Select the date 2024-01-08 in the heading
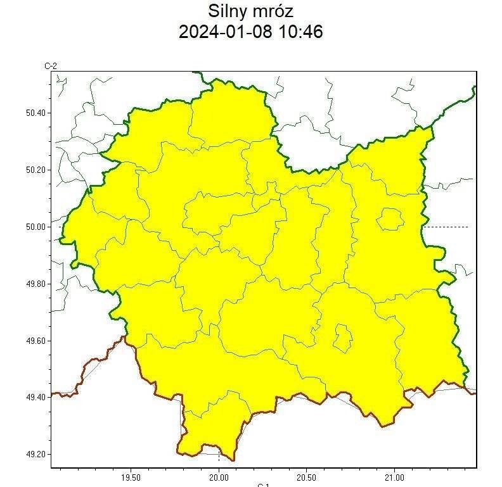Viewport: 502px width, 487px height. pyautogui.click(x=225, y=32)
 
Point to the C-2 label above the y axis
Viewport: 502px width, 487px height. pyautogui.click(x=51, y=66)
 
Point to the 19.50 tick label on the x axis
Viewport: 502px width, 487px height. pyautogui.click(x=131, y=476)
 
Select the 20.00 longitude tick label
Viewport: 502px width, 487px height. pyautogui.click(x=219, y=476)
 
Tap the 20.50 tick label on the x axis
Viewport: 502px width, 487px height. pyautogui.click(x=306, y=476)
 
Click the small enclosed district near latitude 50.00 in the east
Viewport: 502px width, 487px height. pyautogui.click(x=390, y=220)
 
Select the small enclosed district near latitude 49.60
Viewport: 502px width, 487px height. pyautogui.click(x=343, y=338)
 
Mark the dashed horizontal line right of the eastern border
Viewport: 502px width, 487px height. pyautogui.click(x=447, y=227)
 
